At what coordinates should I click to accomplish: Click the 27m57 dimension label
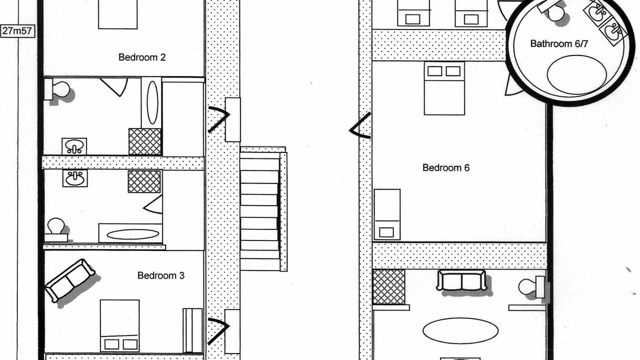17,31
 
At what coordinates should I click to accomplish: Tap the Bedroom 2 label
142,57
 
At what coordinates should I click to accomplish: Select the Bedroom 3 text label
161,275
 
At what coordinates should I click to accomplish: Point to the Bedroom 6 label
445,167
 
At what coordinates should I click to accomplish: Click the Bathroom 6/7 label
559,43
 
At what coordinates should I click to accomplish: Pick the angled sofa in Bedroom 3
70,280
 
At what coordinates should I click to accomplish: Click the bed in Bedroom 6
444,88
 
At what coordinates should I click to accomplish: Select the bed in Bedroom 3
119,325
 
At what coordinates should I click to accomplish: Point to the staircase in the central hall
263,209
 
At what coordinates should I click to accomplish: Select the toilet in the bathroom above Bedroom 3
56,230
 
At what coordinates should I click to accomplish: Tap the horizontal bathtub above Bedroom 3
130,233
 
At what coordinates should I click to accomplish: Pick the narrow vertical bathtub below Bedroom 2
151,102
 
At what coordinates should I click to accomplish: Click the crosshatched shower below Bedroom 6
389,287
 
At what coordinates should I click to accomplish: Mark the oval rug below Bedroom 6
460,330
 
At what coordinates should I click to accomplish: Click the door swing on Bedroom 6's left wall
360,125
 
